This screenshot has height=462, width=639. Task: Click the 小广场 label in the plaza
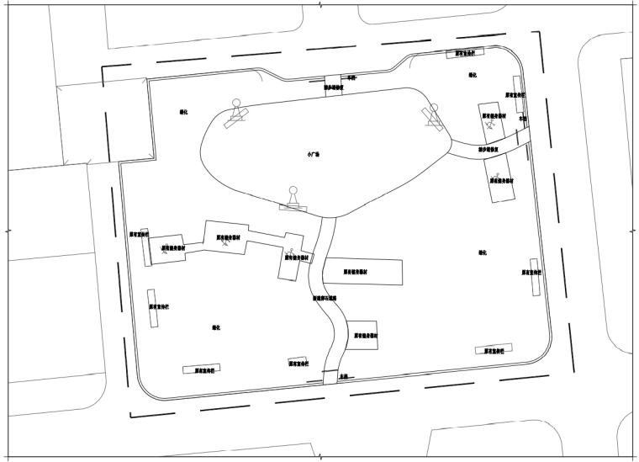pos(313,155)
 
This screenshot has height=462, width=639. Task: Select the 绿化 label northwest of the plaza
pos(184,111)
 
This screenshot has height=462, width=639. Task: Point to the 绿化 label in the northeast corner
pos(473,75)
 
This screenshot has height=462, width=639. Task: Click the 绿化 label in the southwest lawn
pos(216,327)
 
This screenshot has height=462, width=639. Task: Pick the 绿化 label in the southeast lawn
pos(483,252)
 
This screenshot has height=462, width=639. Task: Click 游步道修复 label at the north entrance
pos(335,87)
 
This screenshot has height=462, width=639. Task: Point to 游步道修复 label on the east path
pos(489,150)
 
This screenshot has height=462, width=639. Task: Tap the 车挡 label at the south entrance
pos(342,378)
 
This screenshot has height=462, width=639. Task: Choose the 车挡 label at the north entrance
pos(352,77)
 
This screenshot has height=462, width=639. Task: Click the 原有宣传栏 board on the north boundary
pos(465,53)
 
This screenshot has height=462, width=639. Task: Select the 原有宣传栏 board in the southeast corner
pos(494,350)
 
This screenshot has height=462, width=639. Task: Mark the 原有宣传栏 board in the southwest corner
pos(202,369)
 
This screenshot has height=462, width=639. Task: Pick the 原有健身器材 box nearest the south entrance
pos(364,335)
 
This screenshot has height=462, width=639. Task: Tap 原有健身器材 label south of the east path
pos(501,179)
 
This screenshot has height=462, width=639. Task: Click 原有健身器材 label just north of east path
pos(494,116)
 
